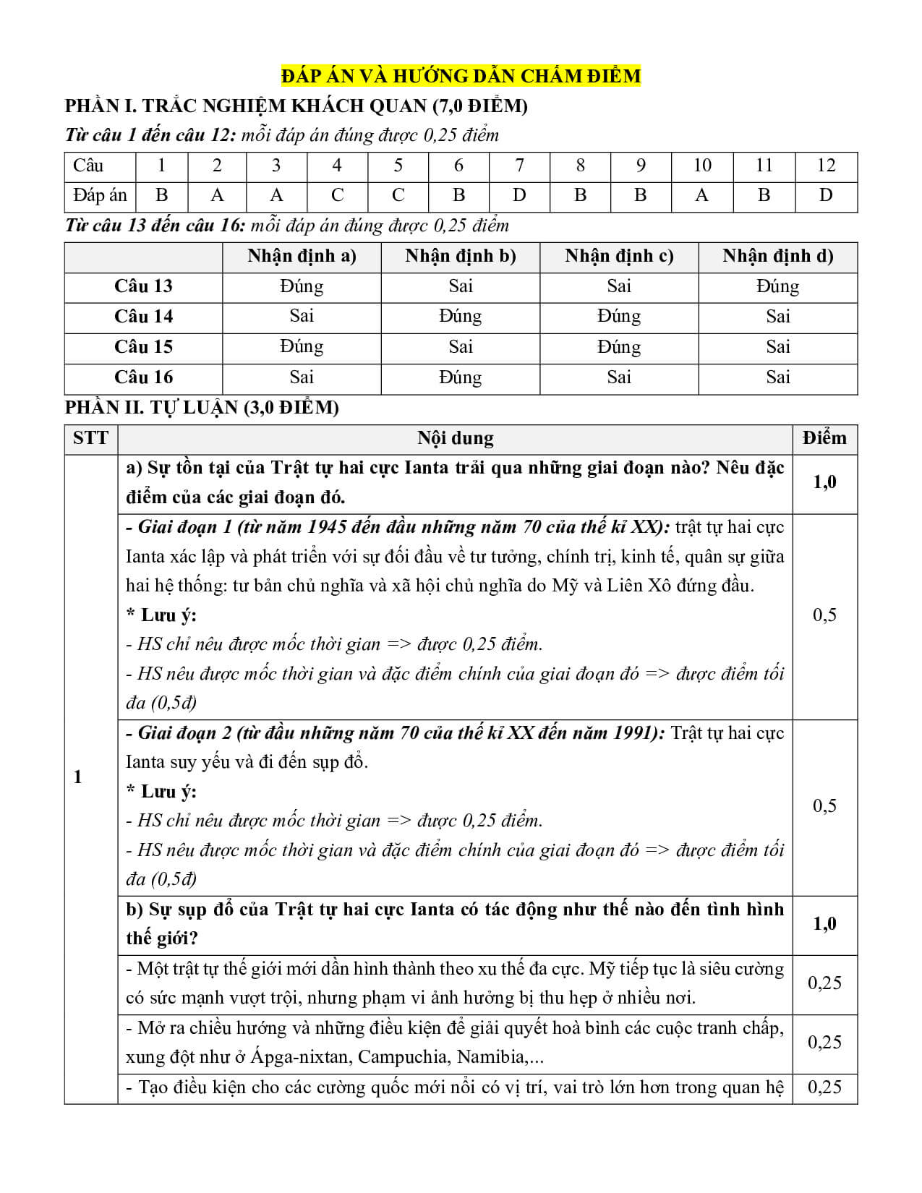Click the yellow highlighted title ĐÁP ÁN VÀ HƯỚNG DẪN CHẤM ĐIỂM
(461, 76)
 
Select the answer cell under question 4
(337, 195)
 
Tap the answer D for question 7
(519, 195)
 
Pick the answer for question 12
(826, 195)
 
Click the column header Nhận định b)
(461, 256)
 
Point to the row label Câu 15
(143, 347)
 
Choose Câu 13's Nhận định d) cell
(777, 286)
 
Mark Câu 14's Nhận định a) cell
(302, 316)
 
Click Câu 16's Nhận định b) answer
(461, 377)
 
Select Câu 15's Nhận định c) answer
(619, 347)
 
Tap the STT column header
(90, 438)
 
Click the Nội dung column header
(456, 438)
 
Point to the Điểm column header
(824, 438)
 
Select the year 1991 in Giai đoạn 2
(636, 733)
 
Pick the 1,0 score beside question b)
(824, 924)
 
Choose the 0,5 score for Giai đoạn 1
(824, 615)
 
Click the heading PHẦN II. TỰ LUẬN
(202, 408)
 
